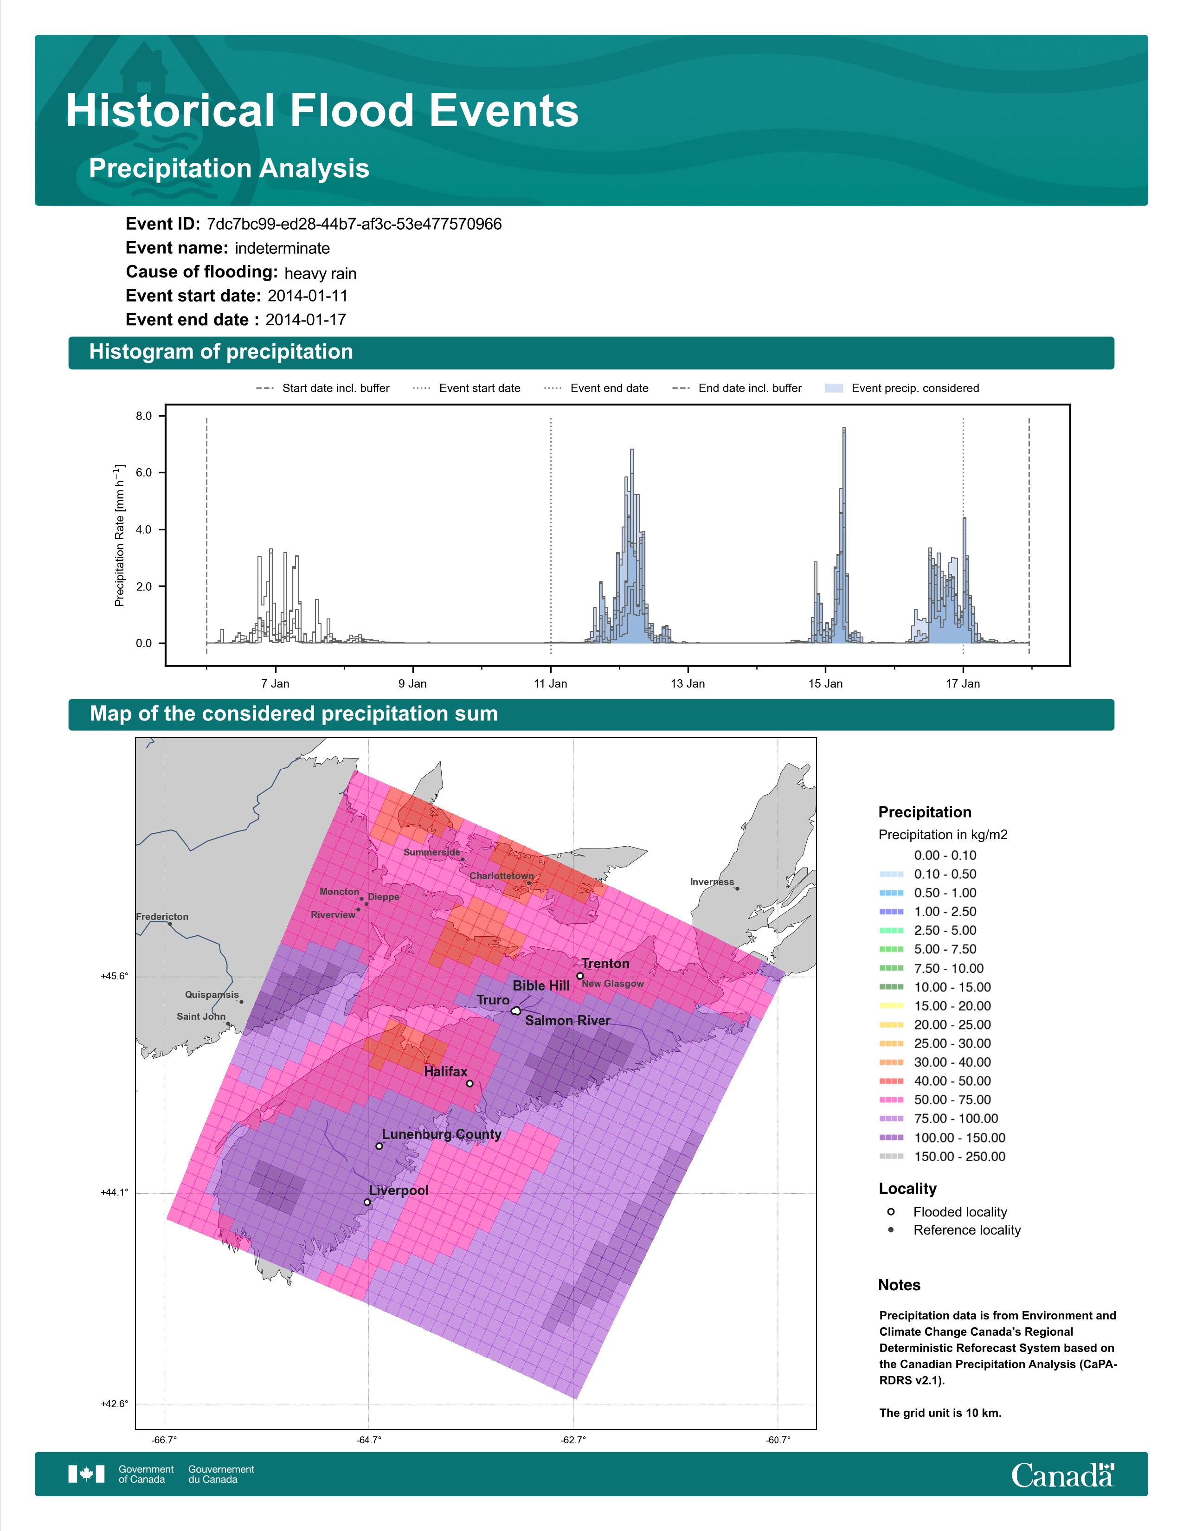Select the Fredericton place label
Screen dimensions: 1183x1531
coord(162,916)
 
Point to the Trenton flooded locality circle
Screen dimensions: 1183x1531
coord(579,975)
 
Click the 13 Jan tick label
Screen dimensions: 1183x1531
coord(688,683)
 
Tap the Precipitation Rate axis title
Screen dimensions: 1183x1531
coord(119,535)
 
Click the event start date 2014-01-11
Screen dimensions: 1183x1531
coord(308,296)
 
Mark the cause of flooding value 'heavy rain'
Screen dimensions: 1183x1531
coord(320,273)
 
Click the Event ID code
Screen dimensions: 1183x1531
coord(354,225)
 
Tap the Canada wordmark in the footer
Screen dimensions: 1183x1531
coord(1062,1474)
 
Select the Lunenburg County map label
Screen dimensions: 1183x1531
coord(442,1134)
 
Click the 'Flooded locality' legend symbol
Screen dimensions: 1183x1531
coord(891,1211)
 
